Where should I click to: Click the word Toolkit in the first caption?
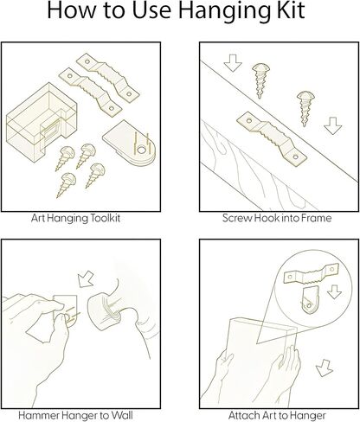[106, 218]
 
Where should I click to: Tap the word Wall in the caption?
[122, 415]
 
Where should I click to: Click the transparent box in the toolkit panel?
[42, 118]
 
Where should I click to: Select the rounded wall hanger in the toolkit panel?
[130, 144]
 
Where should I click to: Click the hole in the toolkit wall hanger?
[141, 150]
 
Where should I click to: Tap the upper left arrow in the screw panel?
[233, 62]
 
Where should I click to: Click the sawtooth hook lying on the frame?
[272, 137]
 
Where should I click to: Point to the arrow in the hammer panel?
[86, 279]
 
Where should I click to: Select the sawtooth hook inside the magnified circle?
[310, 274]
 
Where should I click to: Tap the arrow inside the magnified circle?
[335, 291]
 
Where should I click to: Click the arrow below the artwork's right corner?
[325, 368]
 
